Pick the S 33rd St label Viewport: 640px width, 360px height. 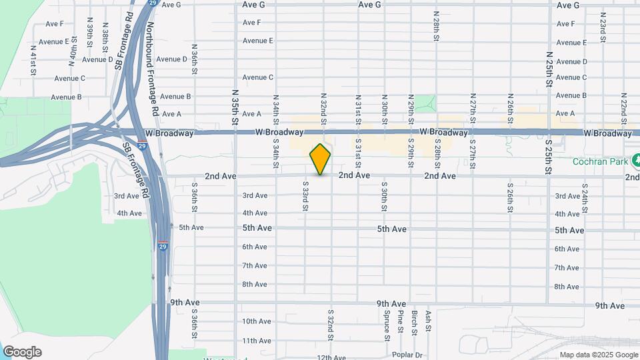(x=305, y=196)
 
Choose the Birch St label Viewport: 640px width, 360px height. (x=415, y=323)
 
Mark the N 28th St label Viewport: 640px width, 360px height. (x=435, y=25)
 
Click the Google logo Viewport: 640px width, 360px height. (x=22, y=352)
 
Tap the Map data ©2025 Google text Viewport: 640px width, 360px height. (x=598, y=355)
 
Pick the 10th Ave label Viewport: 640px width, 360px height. (x=256, y=321)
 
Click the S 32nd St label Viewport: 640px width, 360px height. (x=331, y=323)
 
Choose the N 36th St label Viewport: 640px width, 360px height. (x=194, y=59)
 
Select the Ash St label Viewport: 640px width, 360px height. (x=429, y=321)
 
